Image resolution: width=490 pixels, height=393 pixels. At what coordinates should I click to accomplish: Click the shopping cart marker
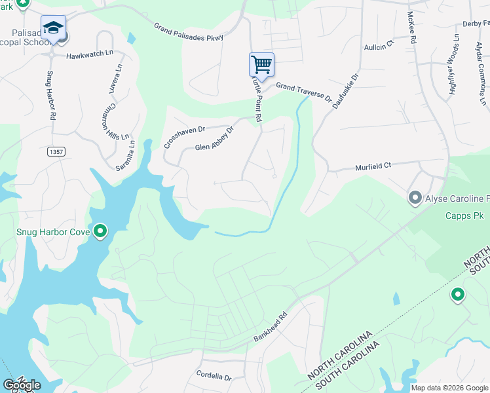point(261,64)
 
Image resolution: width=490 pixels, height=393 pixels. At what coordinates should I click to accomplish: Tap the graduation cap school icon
point(52,28)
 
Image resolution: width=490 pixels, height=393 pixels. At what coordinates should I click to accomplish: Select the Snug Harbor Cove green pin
point(100,231)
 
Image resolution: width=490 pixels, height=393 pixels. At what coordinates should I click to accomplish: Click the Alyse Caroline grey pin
point(414,197)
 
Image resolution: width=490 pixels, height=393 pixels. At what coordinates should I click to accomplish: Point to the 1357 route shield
point(57,152)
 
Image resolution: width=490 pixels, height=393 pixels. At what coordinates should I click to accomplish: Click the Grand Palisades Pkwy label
point(189,32)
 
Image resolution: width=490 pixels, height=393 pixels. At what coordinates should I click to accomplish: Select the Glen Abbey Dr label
point(214,139)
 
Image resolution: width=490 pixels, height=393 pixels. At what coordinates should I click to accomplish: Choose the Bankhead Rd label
point(271,329)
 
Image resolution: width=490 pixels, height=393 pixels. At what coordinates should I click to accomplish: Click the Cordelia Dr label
point(214,377)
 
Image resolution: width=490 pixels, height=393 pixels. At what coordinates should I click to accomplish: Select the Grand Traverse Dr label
point(303,90)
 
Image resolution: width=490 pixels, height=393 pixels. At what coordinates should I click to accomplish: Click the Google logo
point(22,385)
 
